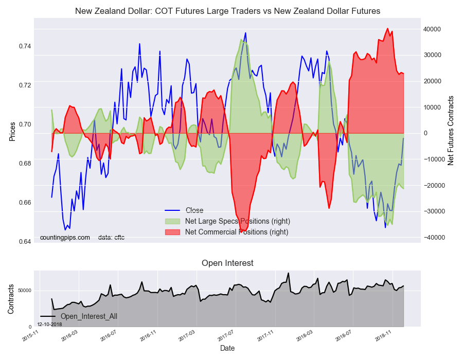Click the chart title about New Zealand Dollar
point(227,11)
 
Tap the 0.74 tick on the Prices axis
point(25,46)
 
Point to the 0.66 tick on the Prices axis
point(25,203)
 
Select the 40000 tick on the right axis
point(432,29)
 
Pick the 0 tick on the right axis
point(426,133)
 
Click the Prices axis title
point(12,131)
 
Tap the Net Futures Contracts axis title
point(450,131)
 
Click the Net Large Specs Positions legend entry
point(227,221)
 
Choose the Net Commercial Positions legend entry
point(226,232)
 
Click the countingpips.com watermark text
point(65,238)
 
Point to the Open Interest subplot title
point(227,263)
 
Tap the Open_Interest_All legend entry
point(79,316)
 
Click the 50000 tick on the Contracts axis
point(25,291)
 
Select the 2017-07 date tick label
point(226,336)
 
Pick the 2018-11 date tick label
point(383,336)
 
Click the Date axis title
point(227,348)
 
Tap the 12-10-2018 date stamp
point(49,325)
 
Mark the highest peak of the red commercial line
point(387,28)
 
